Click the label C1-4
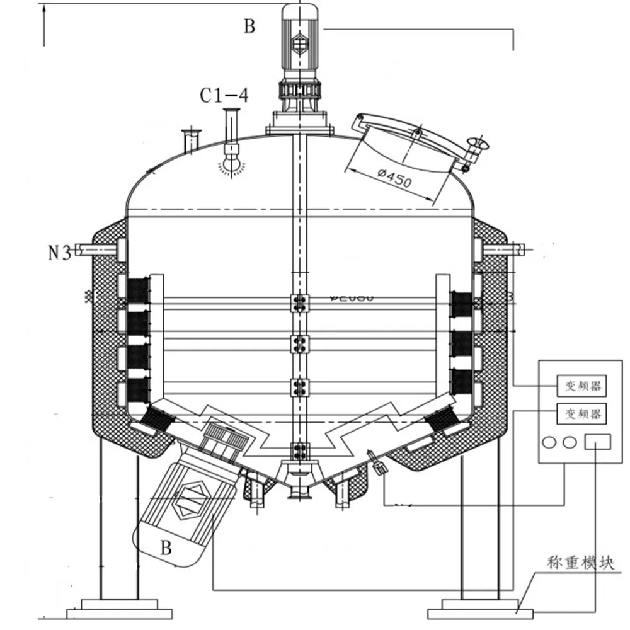224,96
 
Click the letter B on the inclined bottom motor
165,547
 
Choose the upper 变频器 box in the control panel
581,384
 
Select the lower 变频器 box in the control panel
581,414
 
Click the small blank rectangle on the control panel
597,442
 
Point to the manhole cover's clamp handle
476,150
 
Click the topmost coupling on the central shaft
299,304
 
